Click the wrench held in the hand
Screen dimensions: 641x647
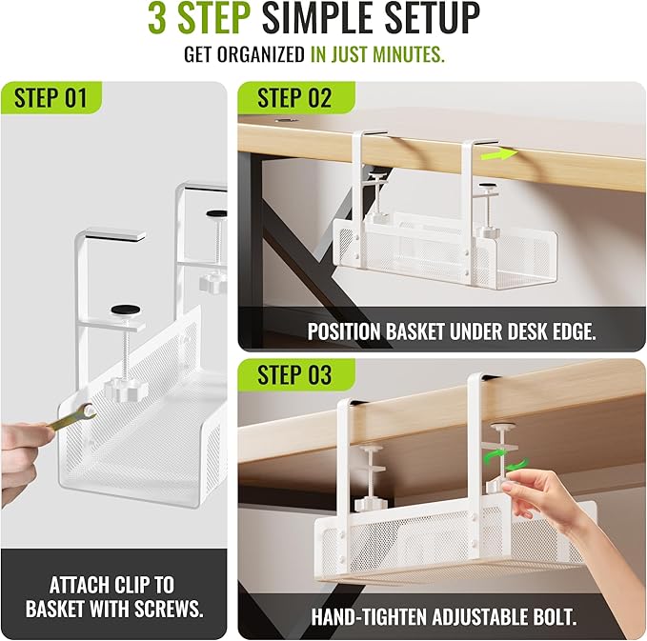(71, 417)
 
